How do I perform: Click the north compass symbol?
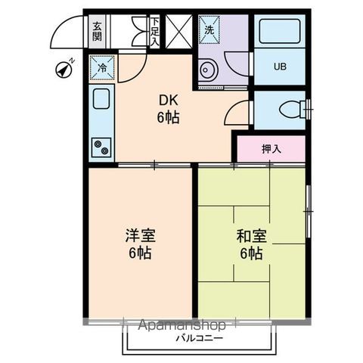tap(64, 70)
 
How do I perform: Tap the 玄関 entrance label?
tap(98, 32)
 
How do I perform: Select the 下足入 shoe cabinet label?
tap(154, 32)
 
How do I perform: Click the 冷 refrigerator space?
tap(102, 68)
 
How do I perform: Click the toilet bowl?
tap(290, 110)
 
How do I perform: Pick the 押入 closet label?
tap(271, 148)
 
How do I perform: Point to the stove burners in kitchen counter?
tap(101, 147)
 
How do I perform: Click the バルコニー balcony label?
tap(200, 339)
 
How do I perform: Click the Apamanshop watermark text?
tap(182, 326)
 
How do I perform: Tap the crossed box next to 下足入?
tap(180, 32)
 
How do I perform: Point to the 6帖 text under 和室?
tap(250, 254)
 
